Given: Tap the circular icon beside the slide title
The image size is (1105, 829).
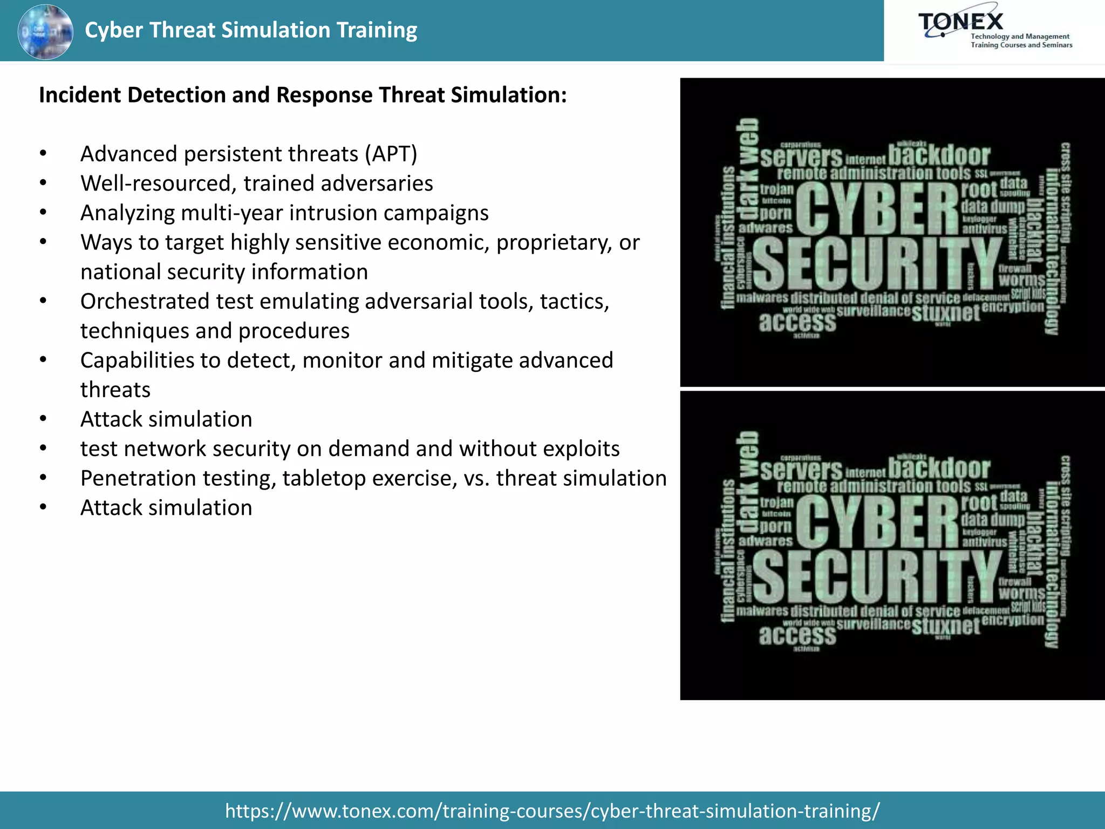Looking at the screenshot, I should point(45,32).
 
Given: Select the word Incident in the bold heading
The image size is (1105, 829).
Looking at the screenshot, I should point(79,95).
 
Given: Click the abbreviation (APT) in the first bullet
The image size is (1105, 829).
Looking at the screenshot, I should point(391,154).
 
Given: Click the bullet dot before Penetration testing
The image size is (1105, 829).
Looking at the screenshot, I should point(43,479).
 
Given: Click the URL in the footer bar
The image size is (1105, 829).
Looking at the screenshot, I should point(552,811).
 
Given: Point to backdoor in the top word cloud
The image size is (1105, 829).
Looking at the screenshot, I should point(939,155).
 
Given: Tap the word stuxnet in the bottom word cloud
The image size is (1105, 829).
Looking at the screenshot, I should point(945,626).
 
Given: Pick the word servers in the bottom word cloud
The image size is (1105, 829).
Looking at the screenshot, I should point(801,471).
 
